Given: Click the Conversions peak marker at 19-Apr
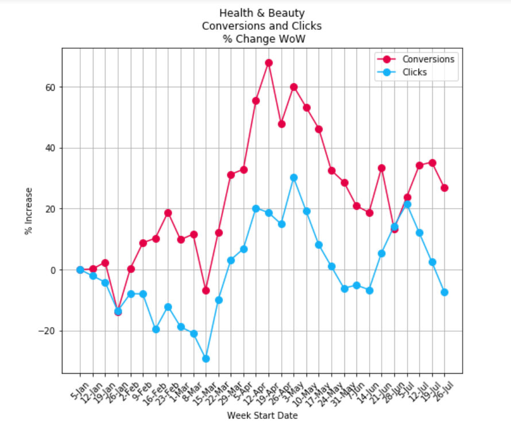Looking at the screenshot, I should click(x=269, y=63).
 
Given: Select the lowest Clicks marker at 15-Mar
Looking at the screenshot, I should click(x=206, y=358).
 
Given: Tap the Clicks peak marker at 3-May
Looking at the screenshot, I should click(x=294, y=178).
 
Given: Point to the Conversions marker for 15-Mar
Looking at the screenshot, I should click(x=206, y=290).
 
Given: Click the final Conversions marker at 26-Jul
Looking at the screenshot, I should click(x=444, y=188).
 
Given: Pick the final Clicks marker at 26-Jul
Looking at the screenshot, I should click(x=444, y=292).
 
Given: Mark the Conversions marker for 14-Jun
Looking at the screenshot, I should click(x=369, y=213).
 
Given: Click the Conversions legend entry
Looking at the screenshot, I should click(x=428, y=59).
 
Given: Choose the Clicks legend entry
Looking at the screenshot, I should click(x=415, y=72).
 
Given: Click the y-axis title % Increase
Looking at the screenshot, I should click(x=28, y=210).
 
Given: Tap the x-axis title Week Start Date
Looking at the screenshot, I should click(x=262, y=415).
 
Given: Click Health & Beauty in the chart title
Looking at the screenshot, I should click(x=262, y=13).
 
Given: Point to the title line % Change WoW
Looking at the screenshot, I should click(x=262, y=39).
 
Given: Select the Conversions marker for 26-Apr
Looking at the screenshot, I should click(x=281, y=124).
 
